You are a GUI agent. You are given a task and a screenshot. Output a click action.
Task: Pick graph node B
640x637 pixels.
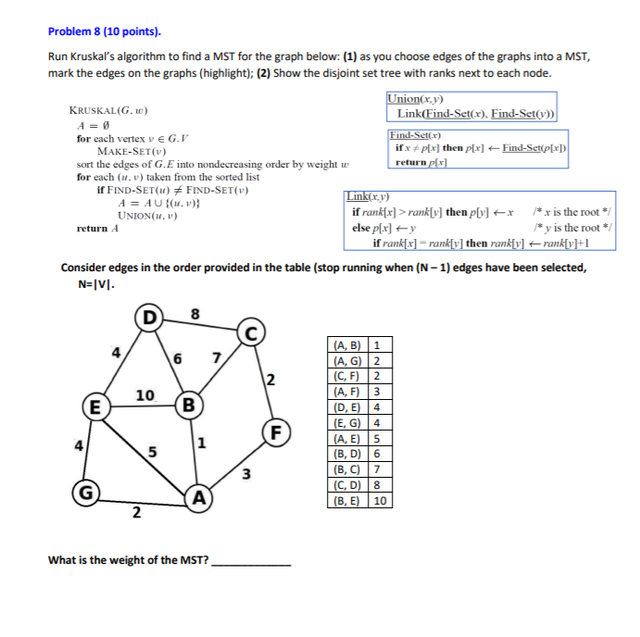(x=189, y=405)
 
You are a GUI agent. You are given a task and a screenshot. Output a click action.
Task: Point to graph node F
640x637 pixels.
(x=275, y=431)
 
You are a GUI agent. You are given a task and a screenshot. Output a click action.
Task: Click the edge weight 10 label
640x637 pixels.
(x=144, y=395)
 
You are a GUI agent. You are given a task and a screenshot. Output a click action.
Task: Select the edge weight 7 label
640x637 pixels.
(x=217, y=357)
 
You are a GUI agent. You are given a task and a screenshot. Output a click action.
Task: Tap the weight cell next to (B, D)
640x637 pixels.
(x=377, y=455)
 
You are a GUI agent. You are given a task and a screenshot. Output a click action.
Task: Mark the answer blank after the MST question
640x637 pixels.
(x=251, y=561)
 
